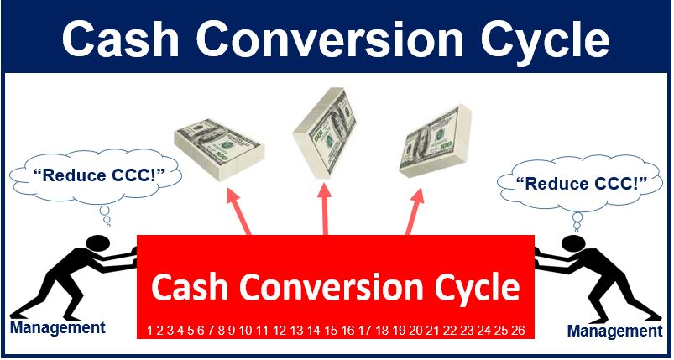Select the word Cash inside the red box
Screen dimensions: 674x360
coord(191,287)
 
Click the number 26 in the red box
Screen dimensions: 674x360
coord(519,331)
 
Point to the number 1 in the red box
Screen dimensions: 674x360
coord(149,331)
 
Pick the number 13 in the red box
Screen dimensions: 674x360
coord(296,331)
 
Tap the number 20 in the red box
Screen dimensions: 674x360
coord(416,331)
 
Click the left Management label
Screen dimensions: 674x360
coord(58,327)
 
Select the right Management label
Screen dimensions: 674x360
coord(615,331)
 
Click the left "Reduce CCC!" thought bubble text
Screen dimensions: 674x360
coord(95,175)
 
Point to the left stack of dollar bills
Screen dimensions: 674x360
coord(219,149)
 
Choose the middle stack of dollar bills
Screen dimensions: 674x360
coord(324,133)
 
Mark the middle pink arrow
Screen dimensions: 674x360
coord(325,211)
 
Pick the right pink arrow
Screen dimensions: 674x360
coord(415,211)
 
